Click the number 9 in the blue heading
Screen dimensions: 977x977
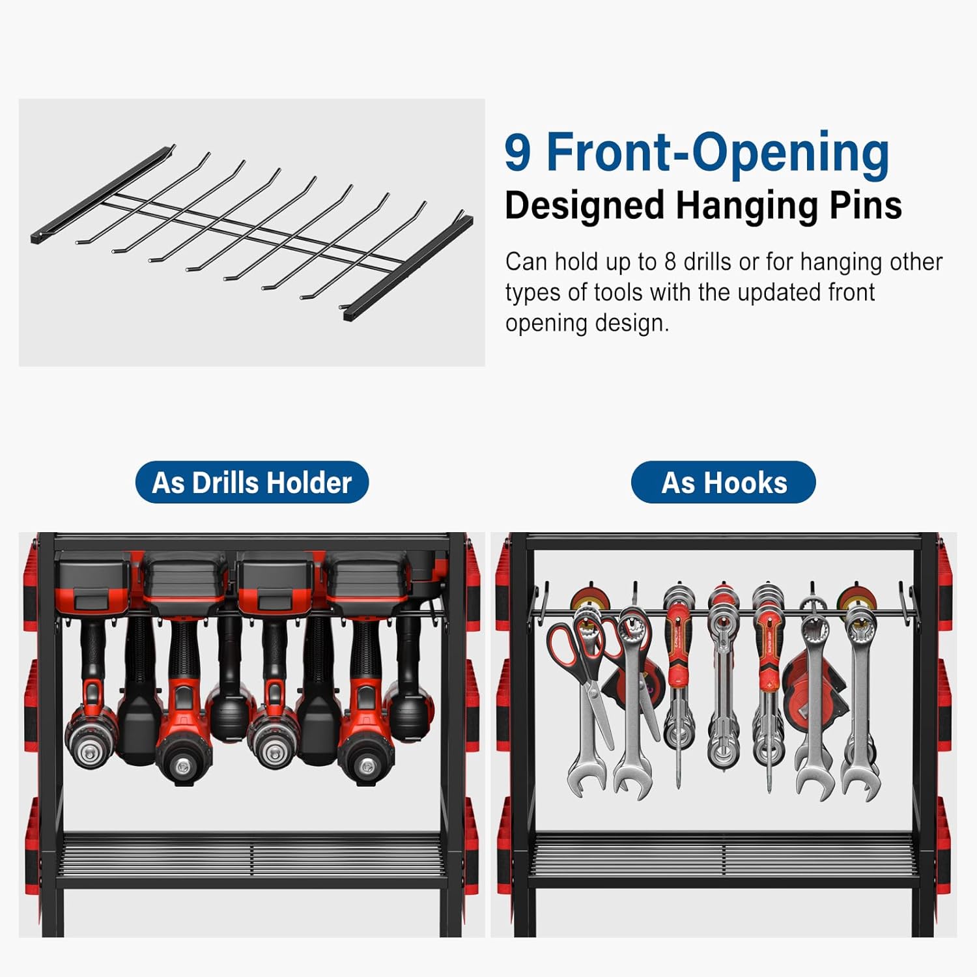pos(518,152)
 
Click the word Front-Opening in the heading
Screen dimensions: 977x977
pos(717,152)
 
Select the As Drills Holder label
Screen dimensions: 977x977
pos(251,483)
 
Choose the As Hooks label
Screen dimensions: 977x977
pos(724,483)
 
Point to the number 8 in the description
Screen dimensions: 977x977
pos(670,262)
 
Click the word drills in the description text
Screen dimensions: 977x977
pos(707,262)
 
